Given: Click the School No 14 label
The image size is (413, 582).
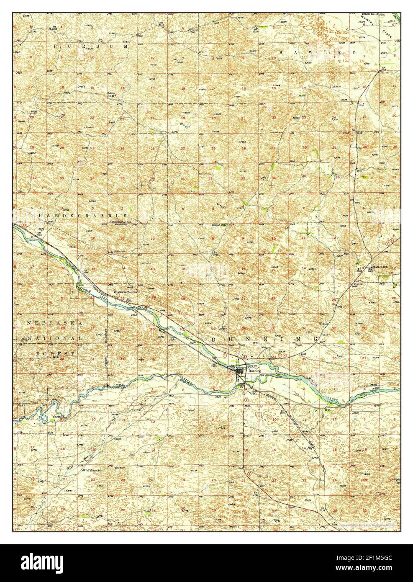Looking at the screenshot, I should coord(111,95).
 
